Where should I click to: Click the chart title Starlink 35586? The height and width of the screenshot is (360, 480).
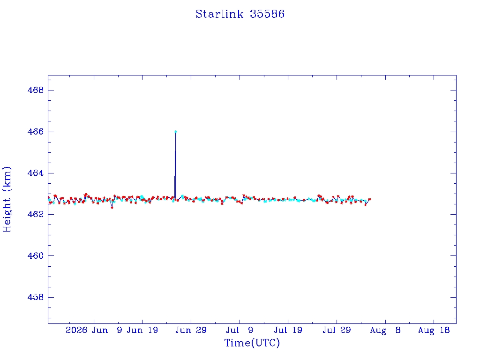[x=240, y=14]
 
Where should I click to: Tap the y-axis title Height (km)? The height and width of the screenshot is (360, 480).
[x=7, y=199]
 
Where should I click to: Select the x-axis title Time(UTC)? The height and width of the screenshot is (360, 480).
[x=252, y=343]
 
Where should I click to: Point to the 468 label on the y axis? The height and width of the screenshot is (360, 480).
[x=36, y=90]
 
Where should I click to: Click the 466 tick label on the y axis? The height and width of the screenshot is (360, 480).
[x=36, y=132]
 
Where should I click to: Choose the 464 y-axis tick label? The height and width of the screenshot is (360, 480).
[x=36, y=173]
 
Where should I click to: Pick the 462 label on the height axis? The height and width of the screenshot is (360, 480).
[x=36, y=214]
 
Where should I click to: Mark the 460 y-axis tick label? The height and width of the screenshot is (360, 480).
[x=36, y=255]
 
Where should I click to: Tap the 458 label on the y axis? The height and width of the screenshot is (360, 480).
[x=36, y=297]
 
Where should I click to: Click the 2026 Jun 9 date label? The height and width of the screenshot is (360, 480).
[x=94, y=330]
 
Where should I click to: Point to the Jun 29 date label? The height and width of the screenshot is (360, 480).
[x=191, y=330]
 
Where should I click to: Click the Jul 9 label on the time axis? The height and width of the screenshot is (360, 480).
[x=240, y=330]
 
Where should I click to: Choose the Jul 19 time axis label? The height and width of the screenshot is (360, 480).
[x=288, y=330]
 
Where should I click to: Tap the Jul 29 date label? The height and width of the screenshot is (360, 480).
[x=337, y=330]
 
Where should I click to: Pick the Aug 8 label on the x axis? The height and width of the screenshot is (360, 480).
[x=385, y=330]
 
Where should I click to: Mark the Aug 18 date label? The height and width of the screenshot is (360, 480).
[x=434, y=330]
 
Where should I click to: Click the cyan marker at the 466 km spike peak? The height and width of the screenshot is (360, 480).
[x=175, y=132]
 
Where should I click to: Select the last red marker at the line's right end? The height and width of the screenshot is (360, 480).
[x=369, y=199]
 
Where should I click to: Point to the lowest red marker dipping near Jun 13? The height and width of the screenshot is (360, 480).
[x=112, y=208]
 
